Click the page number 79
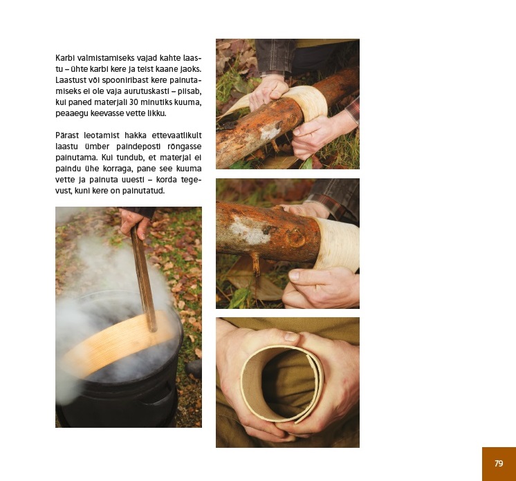499,463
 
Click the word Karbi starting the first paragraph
65,58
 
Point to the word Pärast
67,135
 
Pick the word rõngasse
185,147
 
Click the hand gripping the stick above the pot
134,223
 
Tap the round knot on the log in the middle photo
295,237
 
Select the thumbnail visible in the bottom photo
291,336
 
